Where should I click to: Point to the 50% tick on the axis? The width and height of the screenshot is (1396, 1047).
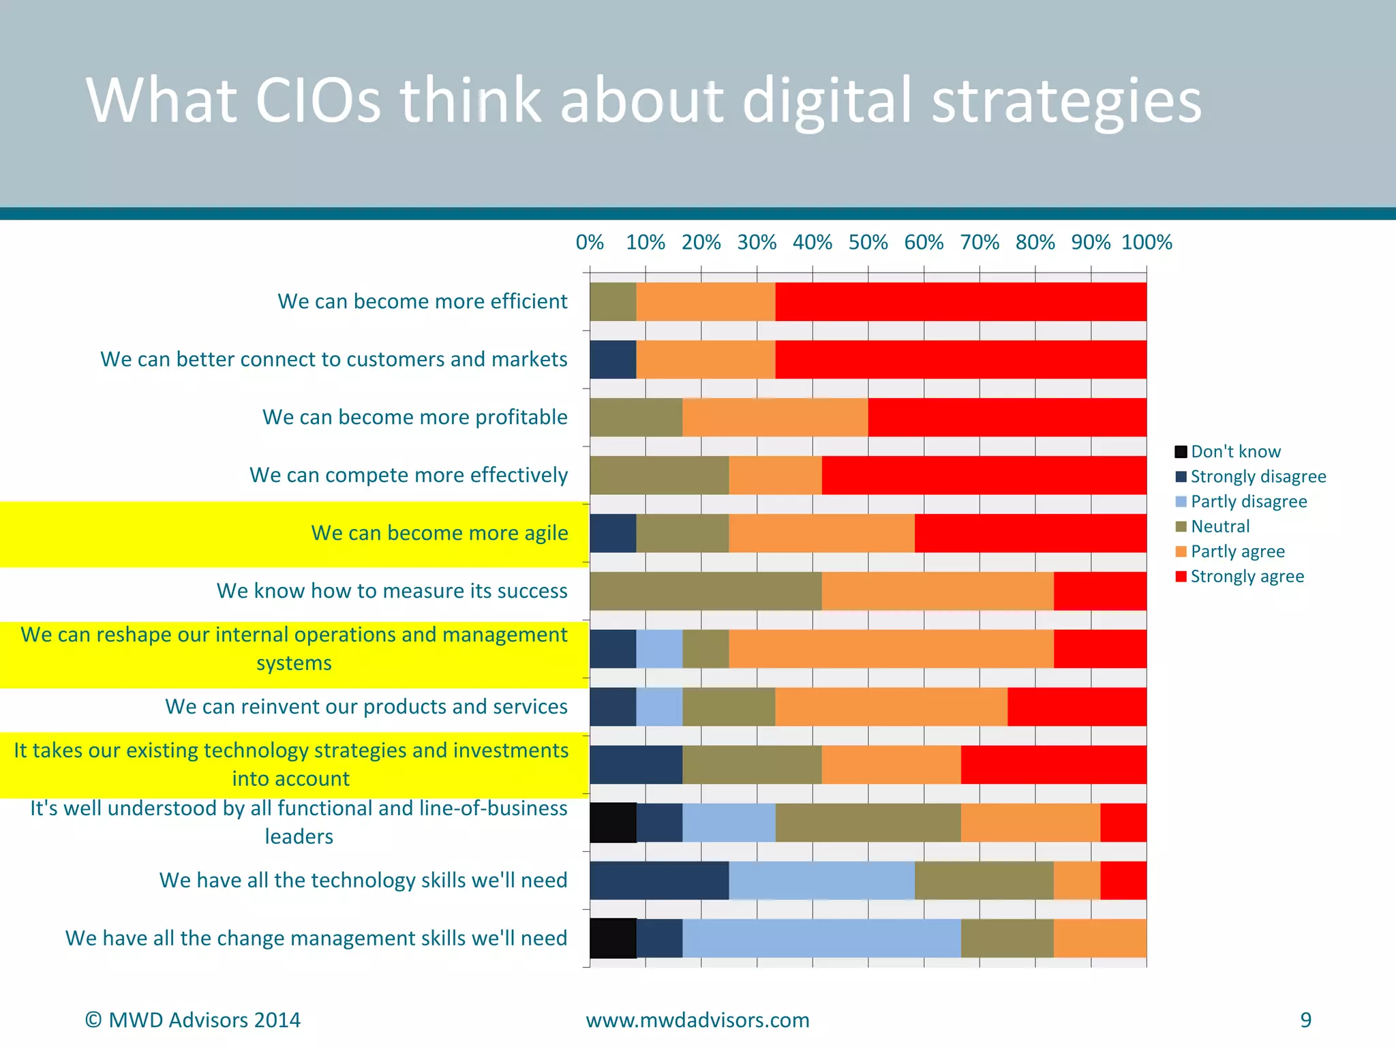point(868,243)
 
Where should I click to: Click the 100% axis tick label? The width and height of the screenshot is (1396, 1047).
point(1147,243)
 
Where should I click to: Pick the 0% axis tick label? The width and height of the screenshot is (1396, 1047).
point(590,243)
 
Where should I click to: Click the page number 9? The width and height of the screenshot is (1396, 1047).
point(1305,1020)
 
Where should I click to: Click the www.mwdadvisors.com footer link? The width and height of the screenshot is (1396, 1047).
point(697,1020)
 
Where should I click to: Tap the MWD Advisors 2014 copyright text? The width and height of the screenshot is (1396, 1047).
point(192,1020)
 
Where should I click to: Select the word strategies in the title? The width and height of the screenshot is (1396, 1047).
point(1065,100)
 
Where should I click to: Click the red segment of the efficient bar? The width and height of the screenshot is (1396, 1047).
point(960,301)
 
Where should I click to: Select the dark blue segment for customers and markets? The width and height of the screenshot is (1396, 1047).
point(613,359)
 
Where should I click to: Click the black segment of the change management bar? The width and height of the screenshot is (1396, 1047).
point(613,939)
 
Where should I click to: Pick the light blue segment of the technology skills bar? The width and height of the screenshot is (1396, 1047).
point(821,881)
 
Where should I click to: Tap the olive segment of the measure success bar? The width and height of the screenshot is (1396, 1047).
point(705,591)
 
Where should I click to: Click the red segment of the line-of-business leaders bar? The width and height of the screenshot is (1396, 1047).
point(1123,823)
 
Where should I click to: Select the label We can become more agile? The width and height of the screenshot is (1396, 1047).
point(439,533)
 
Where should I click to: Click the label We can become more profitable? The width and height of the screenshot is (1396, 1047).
point(414,417)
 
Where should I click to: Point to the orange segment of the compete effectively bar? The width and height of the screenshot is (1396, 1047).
point(775,475)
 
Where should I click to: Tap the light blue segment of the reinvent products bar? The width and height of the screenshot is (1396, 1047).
point(659,707)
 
